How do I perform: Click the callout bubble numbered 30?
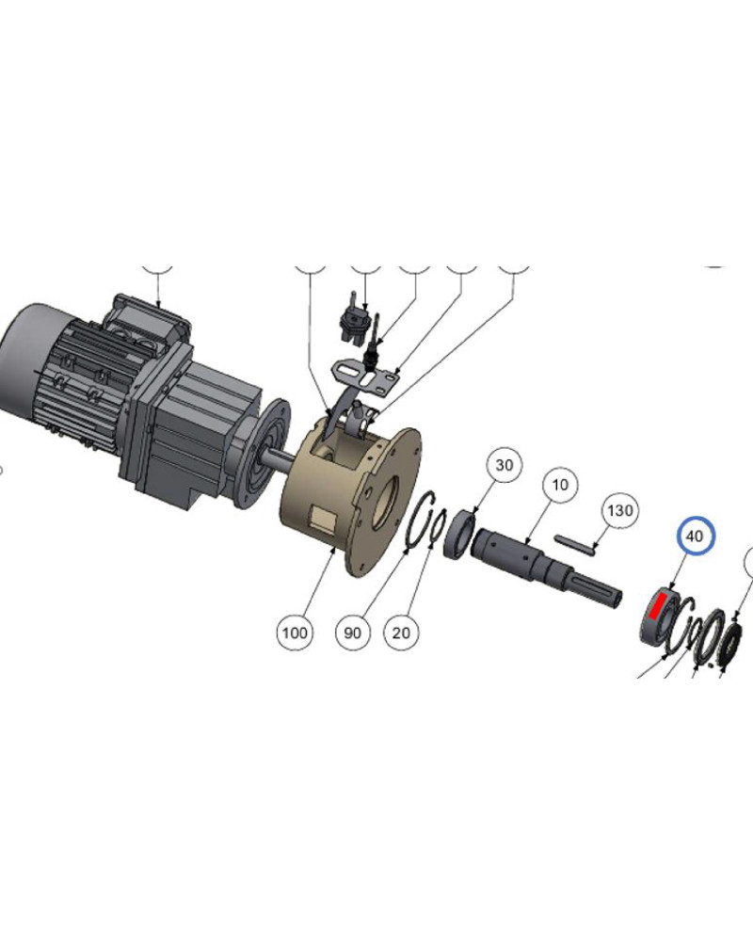(x=504, y=465)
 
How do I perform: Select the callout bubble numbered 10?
(x=560, y=485)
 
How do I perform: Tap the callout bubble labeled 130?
(x=619, y=510)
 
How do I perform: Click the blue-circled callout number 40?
(x=696, y=536)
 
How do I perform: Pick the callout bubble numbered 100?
(x=295, y=633)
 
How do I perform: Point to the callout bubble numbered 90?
(x=353, y=633)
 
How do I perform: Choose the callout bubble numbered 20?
(x=401, y=633)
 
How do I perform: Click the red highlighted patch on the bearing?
(x=657, y=605)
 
